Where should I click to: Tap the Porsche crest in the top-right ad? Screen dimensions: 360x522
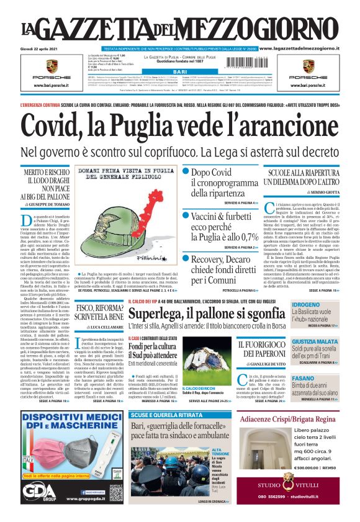point(315,66)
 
